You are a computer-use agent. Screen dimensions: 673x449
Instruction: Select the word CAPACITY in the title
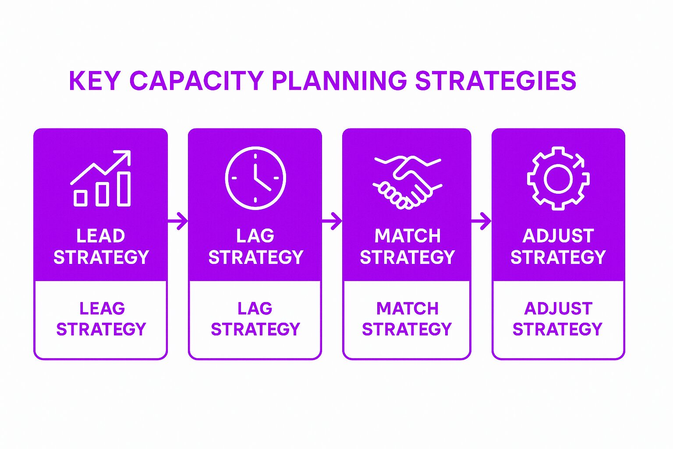(197, 81)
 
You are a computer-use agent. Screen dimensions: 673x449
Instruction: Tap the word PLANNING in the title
(339, 81)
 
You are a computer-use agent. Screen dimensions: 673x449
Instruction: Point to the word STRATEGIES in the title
(496, 81)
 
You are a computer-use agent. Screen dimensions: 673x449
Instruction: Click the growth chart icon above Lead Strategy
(101, 178)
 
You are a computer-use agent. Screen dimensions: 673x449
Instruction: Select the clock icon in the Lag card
(255, 178)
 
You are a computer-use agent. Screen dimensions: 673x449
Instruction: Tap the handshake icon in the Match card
(407, 182)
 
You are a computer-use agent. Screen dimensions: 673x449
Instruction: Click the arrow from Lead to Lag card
(178, 221)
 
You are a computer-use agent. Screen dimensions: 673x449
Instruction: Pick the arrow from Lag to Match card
(332, 221)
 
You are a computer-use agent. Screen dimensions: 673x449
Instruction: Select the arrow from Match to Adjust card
(481, 221)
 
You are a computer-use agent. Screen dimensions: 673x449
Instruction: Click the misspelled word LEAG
(102, 309)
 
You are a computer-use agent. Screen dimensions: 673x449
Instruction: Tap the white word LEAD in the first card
(101, 236)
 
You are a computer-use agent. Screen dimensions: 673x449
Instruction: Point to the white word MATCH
(407, 236)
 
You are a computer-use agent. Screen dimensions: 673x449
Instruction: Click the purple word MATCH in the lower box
(407, 309)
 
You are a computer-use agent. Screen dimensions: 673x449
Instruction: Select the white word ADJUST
(558, 236)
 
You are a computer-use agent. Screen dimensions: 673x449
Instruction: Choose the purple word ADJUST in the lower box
(558, 309)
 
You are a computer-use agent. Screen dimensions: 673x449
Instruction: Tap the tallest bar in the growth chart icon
(124, 189)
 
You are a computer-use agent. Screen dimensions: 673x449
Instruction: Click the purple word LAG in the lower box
(255, 309)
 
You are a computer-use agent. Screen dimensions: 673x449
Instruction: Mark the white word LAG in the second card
(255, 236)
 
